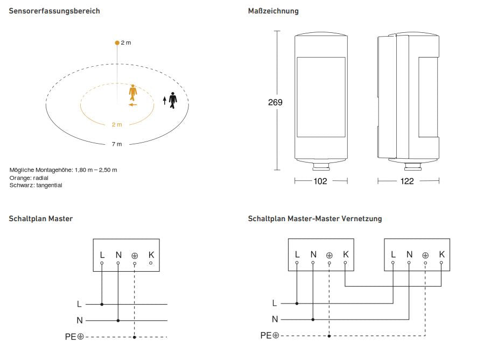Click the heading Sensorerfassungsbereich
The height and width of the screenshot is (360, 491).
[x=54, y=11]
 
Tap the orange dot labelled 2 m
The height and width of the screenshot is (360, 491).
[x=117, y=42]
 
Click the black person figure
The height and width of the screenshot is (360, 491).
[x=173, y=100]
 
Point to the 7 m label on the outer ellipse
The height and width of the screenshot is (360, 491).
[x=117, y=144]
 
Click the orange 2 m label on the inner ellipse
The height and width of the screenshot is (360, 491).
[x=117, y=124]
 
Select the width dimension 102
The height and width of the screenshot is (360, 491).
[x=320, y=181]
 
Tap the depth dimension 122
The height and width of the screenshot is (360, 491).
[x=408, y=181]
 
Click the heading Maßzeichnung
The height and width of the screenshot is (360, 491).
[x=273, y=11]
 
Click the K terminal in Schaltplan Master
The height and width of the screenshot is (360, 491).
[x=151, y=255]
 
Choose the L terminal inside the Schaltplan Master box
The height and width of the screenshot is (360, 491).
[x=102, y=255]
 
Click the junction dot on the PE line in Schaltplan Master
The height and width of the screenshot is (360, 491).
[x=134, y=337]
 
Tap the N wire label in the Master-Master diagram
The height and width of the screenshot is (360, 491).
[x=275, y=319]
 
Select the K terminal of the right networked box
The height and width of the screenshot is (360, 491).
[x=441, y=254]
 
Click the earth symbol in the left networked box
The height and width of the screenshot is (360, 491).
[x=329, y=255]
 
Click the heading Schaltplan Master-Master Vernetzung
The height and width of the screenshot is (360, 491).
[x=315, y=218]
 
